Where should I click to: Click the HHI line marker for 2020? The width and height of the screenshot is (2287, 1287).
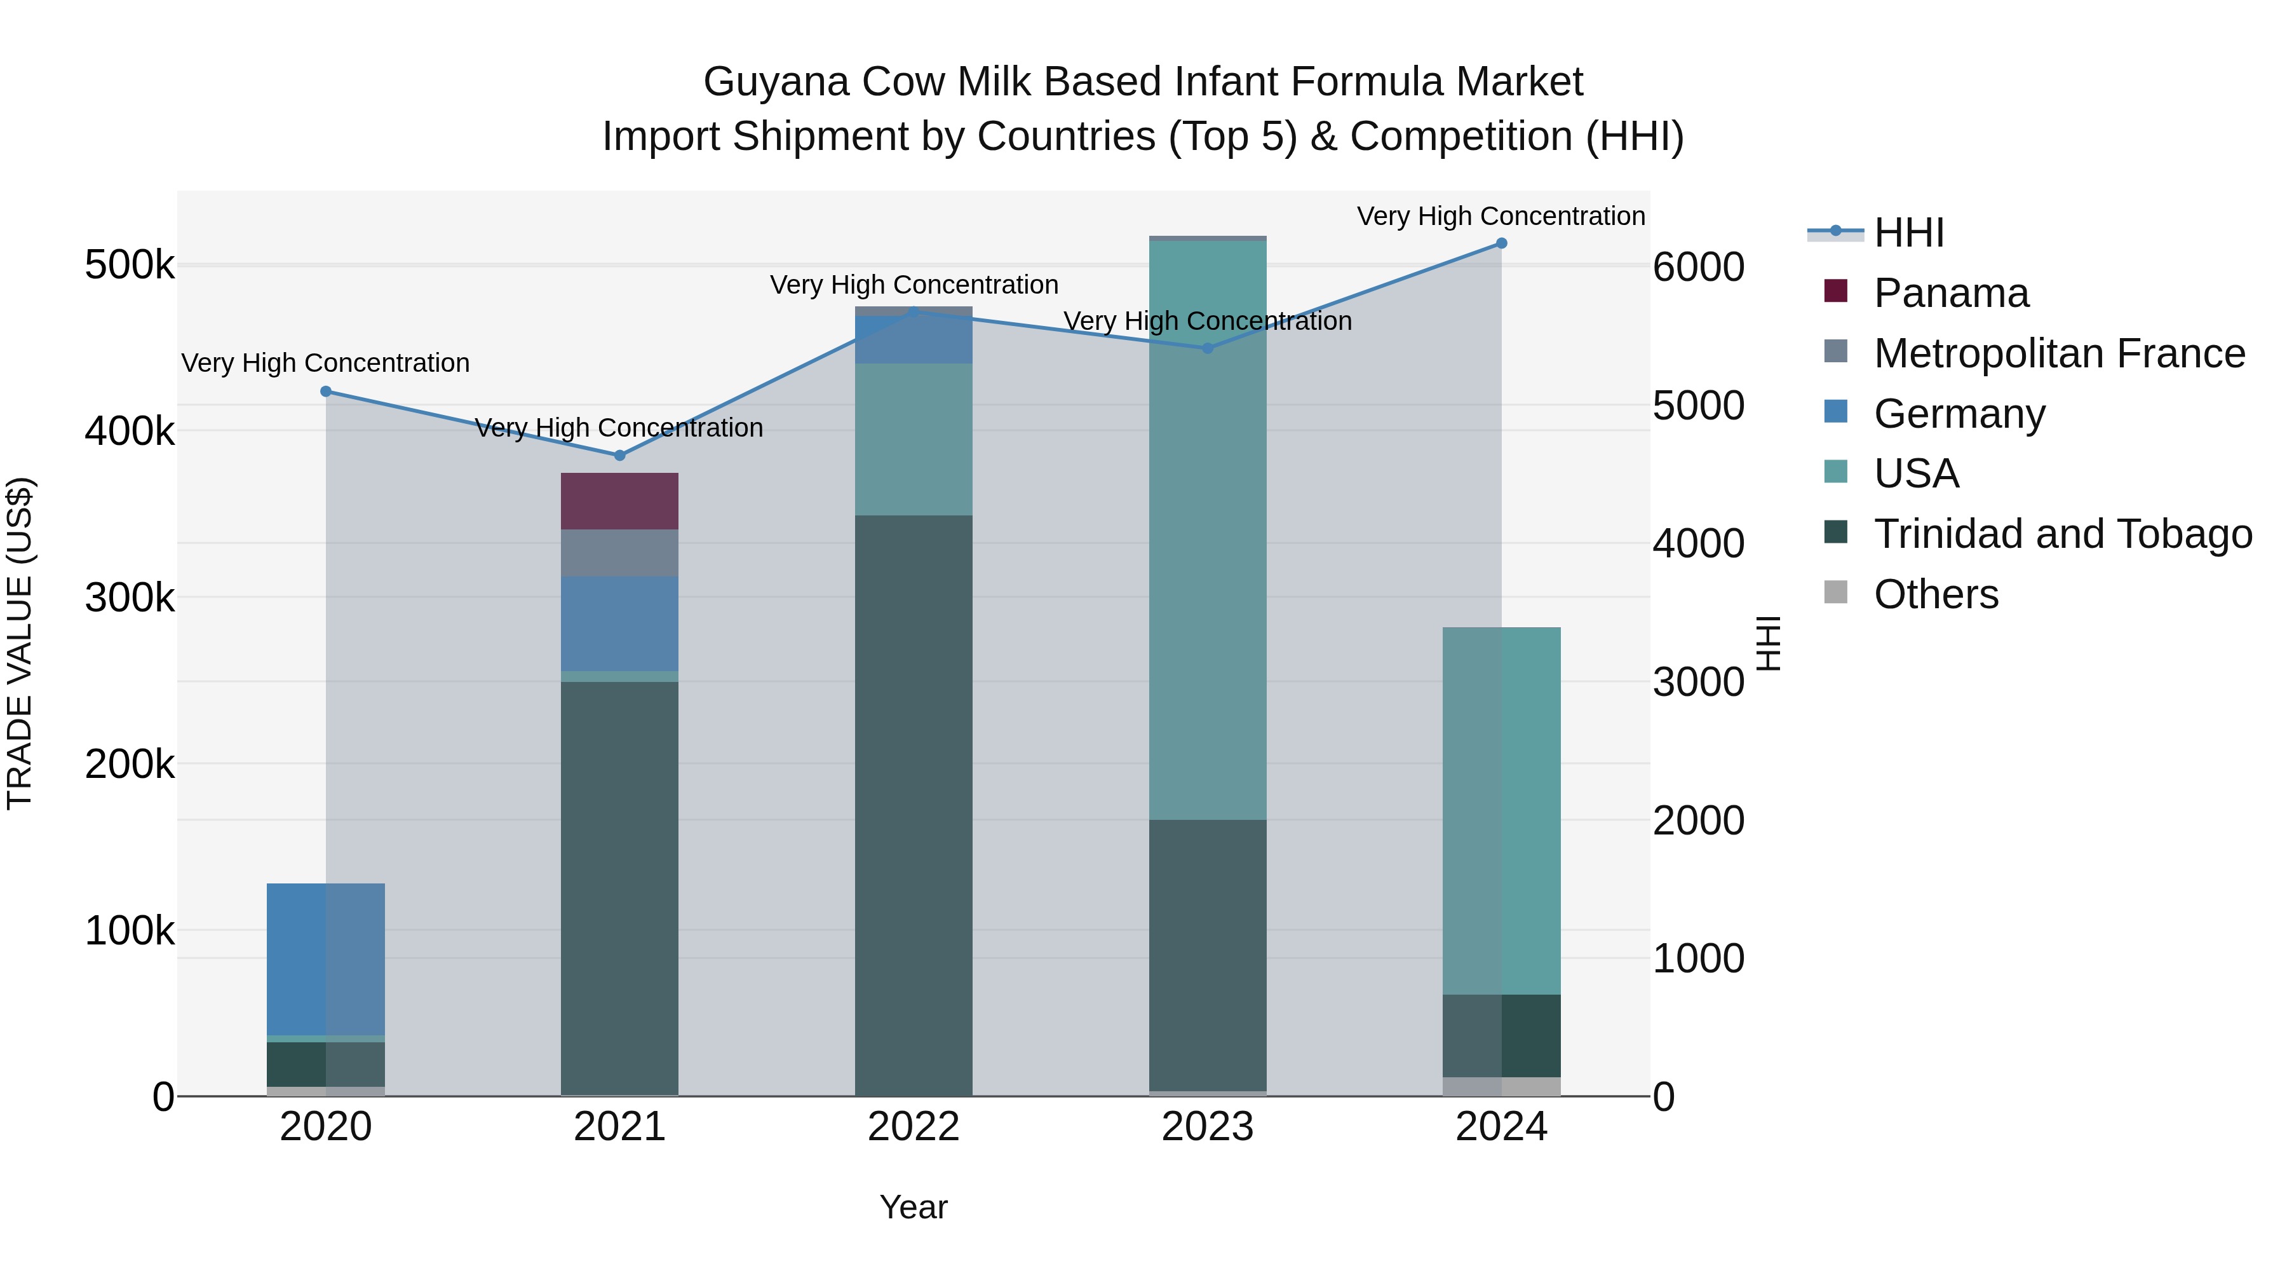[326, 392]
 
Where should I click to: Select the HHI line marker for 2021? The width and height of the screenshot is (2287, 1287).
[619, 456]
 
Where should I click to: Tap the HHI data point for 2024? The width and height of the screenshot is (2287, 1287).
[1501, 243]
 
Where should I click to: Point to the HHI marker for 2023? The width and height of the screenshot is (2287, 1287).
[1208, 348]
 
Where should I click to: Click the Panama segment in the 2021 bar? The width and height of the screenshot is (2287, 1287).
[619, 501]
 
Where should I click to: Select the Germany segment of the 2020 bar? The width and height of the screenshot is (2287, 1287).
[326, 959]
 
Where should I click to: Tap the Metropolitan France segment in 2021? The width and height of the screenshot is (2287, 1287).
[619, 552]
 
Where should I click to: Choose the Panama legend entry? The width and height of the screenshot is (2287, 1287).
[1950, 293]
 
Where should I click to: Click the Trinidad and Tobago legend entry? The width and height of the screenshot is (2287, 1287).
[2062, 534]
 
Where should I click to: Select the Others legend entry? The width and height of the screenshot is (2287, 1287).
[1936, 594]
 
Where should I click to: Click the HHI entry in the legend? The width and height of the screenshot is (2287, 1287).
[1909, 233]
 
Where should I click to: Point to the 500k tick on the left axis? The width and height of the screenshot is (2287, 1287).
[130, 264]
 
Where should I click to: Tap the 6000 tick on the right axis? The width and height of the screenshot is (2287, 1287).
[1698, 266]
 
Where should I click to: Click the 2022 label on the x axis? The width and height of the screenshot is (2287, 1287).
[914, 1127]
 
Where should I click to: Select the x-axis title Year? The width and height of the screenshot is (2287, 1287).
[914, 1207]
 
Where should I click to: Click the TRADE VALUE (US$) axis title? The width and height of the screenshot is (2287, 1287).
[20, 643]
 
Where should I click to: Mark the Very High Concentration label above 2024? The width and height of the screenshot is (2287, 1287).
[1501, 216]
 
